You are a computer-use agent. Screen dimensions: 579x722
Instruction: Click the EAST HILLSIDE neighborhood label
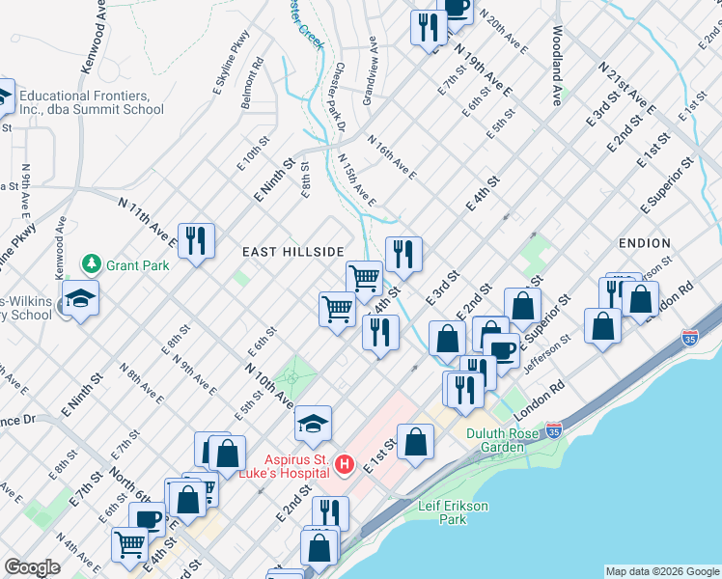pyautogui.click(x=292, y=252)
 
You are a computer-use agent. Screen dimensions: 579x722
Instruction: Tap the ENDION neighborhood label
pyautogui.click(x=645, y=243)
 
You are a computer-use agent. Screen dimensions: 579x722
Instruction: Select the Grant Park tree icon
pyautogui.click(x=92, y=263)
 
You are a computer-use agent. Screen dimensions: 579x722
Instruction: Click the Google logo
pyautogui.click(x=32, y=567)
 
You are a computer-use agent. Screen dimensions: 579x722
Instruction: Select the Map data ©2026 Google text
pyautogui.click(x=661, y=571)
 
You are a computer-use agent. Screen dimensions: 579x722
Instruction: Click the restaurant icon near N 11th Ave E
pyautogui.click(x=196, y=240)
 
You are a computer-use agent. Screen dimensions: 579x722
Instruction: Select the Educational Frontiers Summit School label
pyautogui.click(x=92, y=102)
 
